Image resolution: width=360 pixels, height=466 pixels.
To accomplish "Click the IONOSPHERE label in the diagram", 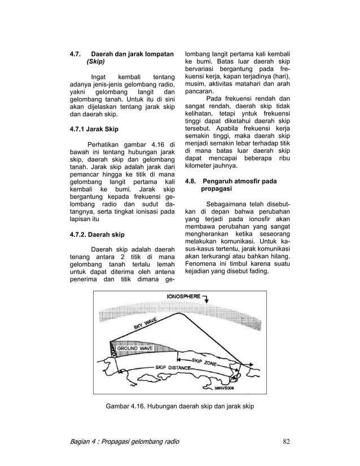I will [x=183, y=296].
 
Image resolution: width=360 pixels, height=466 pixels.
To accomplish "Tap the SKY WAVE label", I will [x=146, y=326].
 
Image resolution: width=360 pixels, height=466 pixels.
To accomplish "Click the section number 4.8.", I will [x=192, y=182].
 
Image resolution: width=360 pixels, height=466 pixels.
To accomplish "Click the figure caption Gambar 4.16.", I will [x=127, y=406].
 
